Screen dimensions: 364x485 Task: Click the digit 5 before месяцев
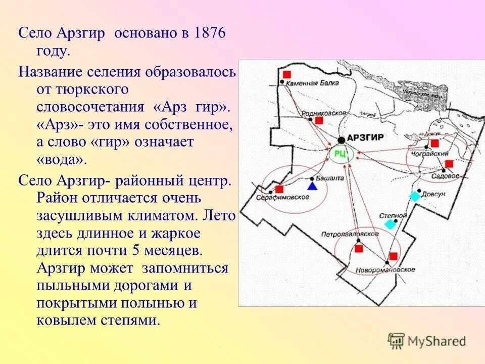click(x=133, y=251)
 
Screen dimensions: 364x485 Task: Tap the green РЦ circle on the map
click(x=341, y=155)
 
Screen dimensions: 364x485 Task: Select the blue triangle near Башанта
click(x=312, y=186)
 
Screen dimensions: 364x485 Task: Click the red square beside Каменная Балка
click(x=287, y=74)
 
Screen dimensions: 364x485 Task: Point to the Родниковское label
click(x=323, y=113)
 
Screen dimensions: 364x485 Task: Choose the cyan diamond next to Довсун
click(x=414, y=196)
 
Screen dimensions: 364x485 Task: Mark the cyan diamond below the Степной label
click(x=390, y=224)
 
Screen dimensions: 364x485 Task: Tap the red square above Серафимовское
click(x=279, y=189)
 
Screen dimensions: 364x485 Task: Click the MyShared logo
click(x=427, y=341)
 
